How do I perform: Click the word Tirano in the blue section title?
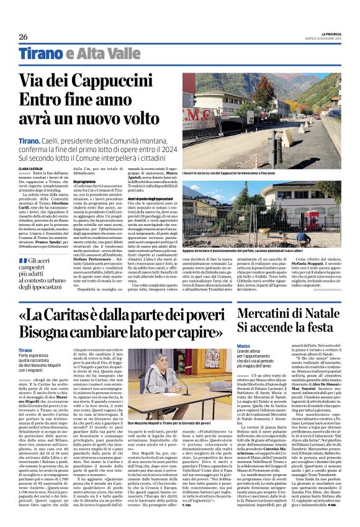[x=39, y=53]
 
